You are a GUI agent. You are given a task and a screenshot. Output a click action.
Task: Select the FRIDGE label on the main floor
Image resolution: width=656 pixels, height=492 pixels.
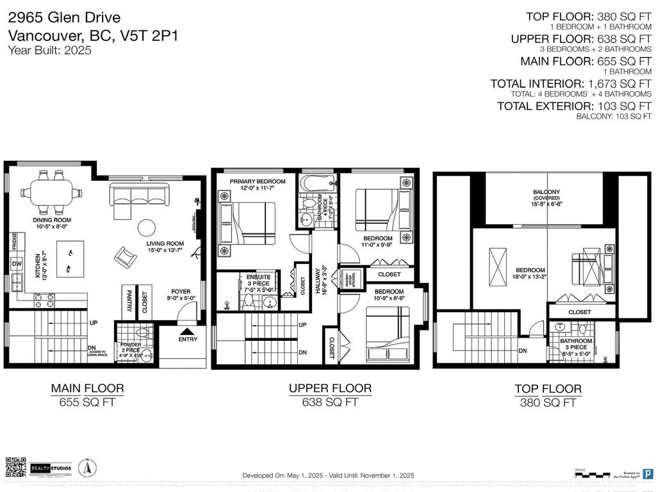14,242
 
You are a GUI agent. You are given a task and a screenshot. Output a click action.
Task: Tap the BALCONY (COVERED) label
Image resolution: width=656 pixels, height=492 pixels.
546,195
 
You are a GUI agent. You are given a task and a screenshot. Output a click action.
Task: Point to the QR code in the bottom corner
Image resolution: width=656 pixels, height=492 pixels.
15,468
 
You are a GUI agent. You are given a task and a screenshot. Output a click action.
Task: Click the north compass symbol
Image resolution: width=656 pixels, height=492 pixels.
83,467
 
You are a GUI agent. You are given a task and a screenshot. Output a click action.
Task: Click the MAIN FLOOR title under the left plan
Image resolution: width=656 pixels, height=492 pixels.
87,388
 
